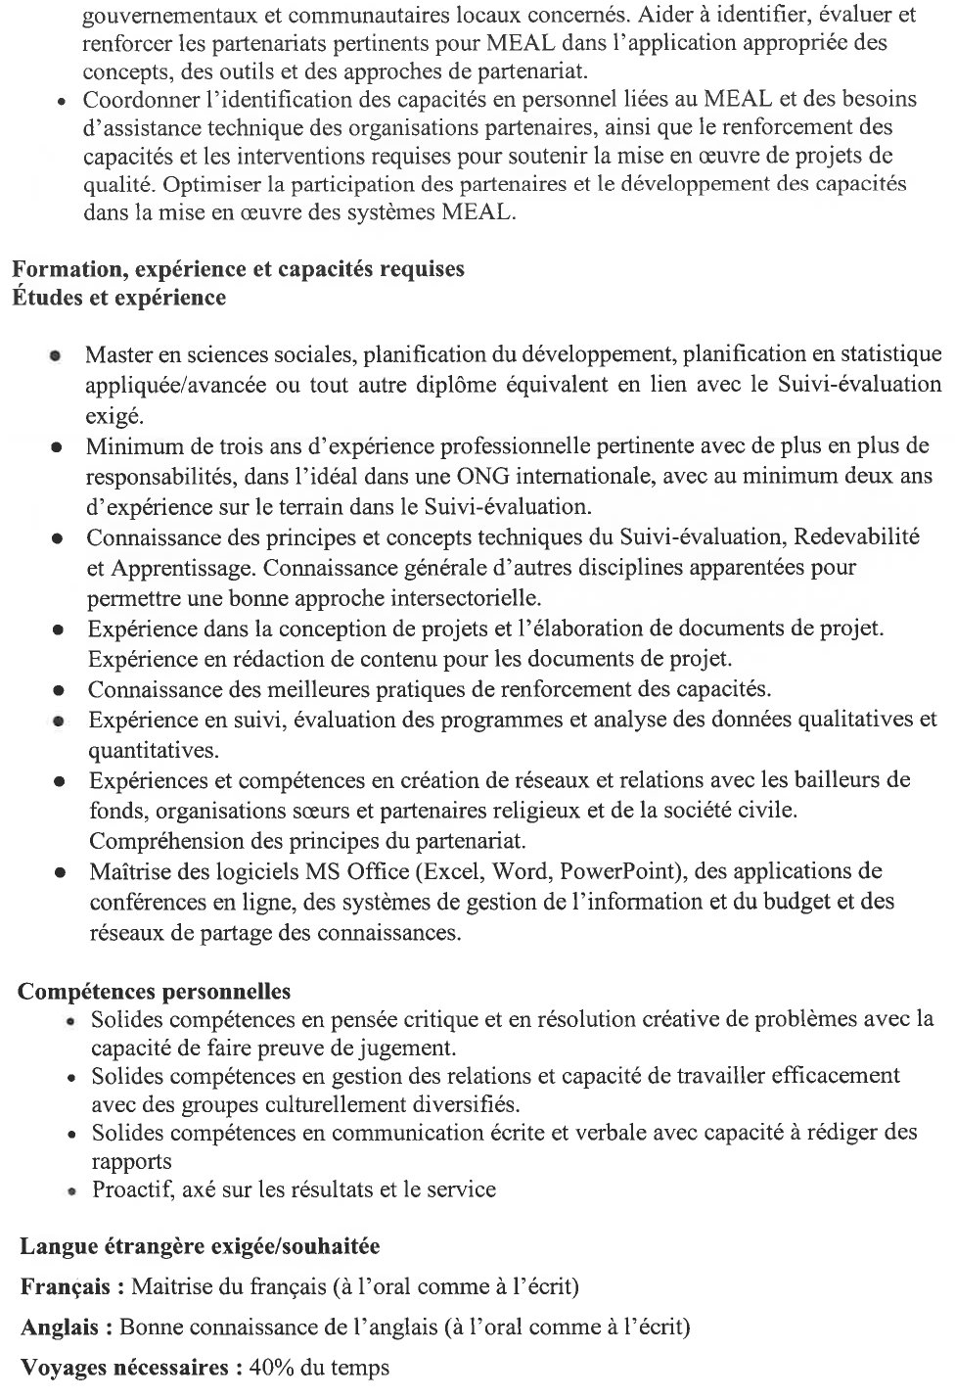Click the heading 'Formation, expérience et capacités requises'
(x=238, y=269)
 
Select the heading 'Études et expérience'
(x=118, y=298)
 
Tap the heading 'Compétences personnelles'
(x=154, y=991)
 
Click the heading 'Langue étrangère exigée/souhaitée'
(x=200, y=1246)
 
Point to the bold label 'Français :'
(x=71, y=1286)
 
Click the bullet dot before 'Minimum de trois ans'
(x=59, y=447)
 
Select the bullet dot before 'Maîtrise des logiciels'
(x=61, y=872)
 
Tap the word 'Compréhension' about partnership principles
(x=159, y=841)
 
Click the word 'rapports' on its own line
(x=131, y=1162)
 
